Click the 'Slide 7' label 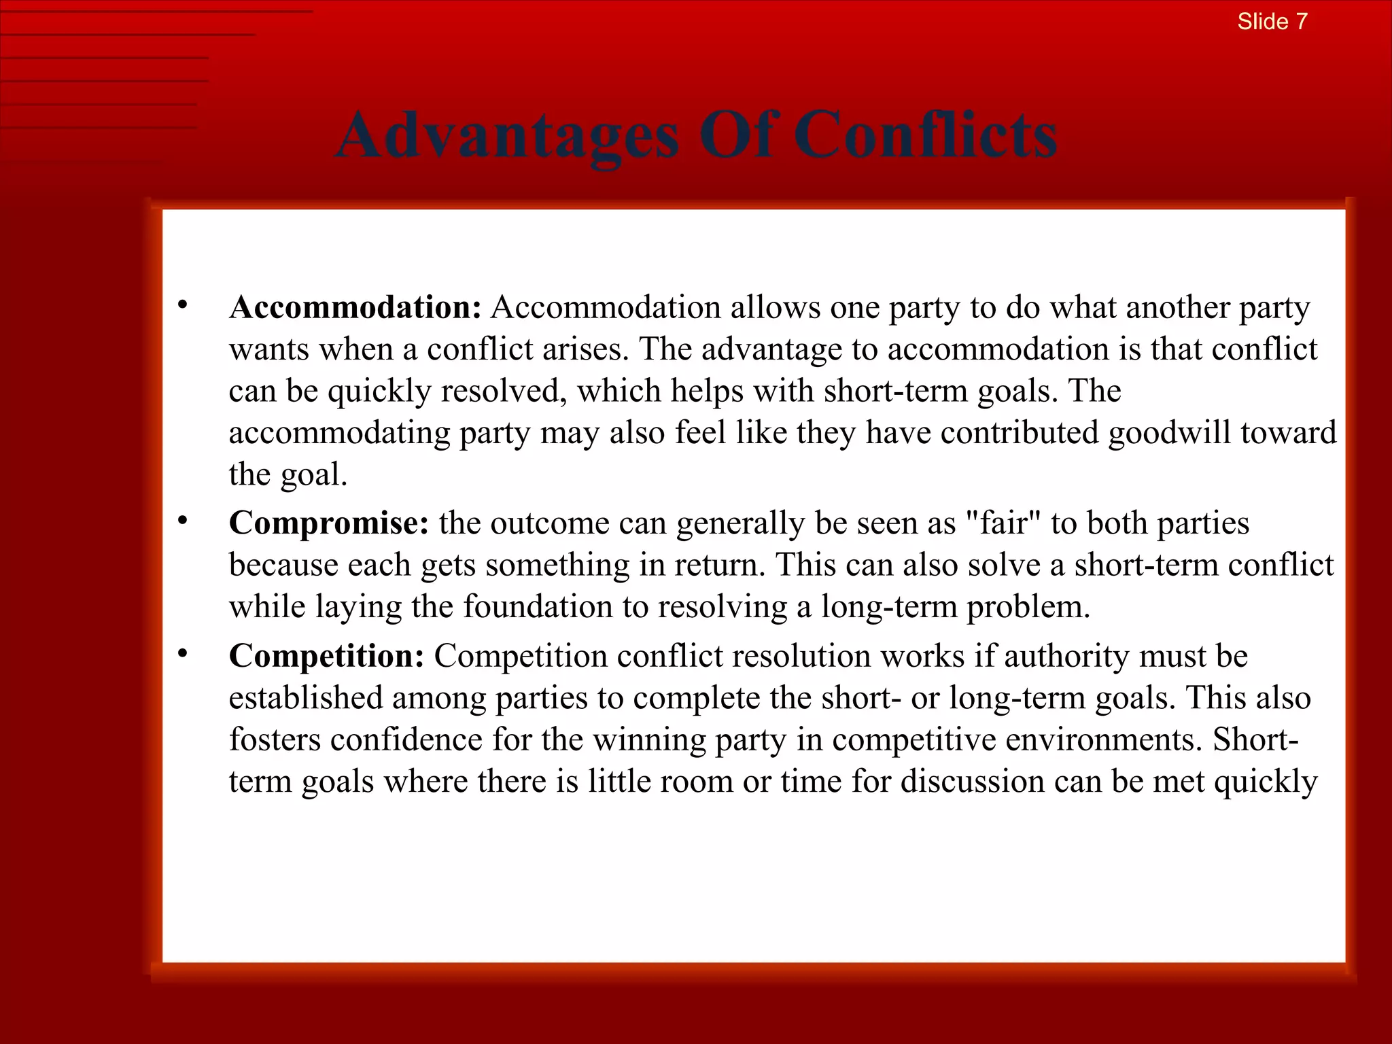pos(1272,22)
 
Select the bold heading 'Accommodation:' pos(355,308)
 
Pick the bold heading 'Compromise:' pos(329,523)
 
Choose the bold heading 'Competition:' pos(327,657)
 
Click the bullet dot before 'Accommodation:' pos(182,305)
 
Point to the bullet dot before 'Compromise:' pos(182,521)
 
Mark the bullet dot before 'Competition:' pos(182,654)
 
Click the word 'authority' pos(1066,657)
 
